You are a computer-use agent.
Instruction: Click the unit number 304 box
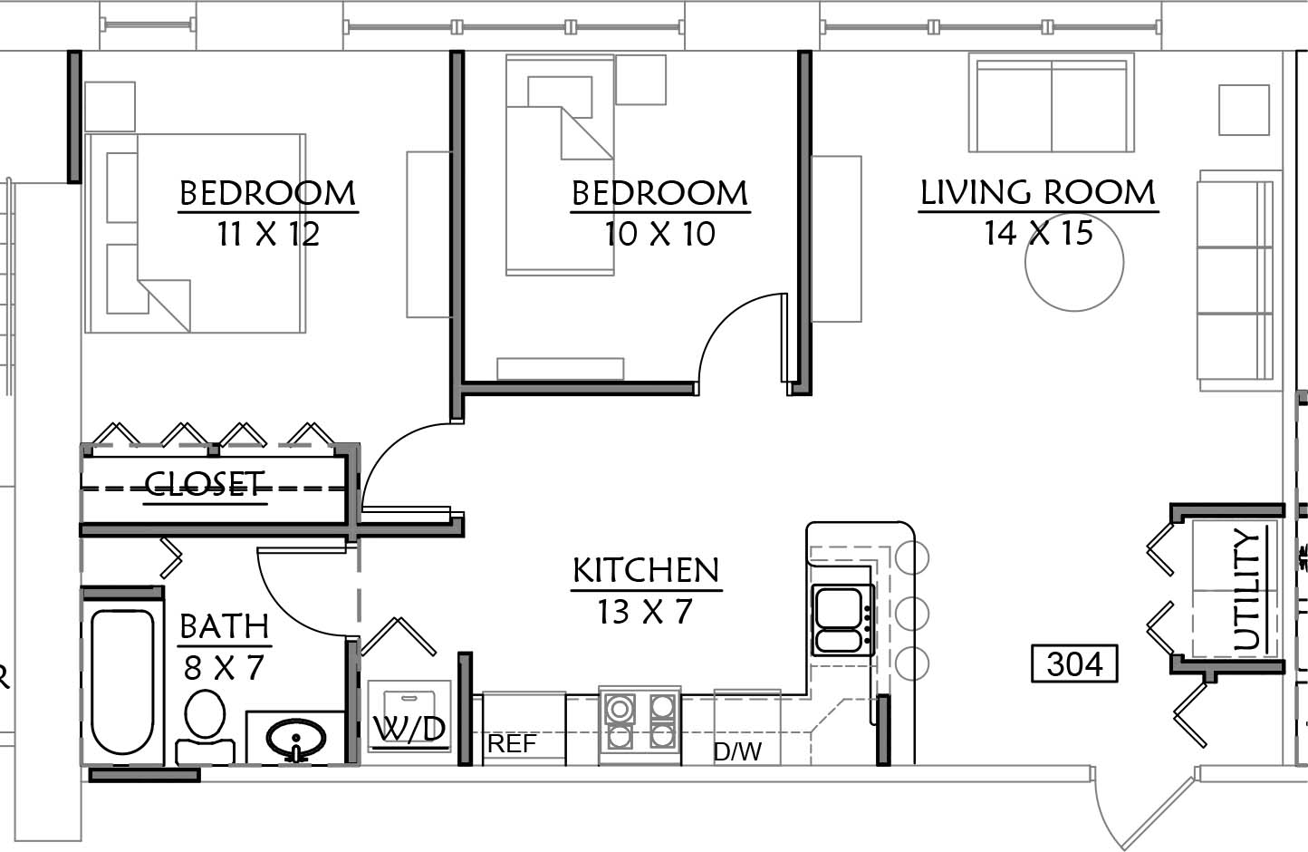click(x=1074, y=663)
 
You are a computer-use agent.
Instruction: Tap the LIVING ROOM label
click(x=1038, y=192)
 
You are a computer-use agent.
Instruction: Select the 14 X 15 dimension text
click(x=1038, y=233)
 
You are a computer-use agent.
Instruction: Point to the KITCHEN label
click(x=646, y=570)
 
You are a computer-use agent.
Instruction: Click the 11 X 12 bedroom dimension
click(x=268, y=234)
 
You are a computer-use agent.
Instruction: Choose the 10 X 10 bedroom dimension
click(x=659, y=234)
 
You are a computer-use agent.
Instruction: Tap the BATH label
click(x=225, y=626)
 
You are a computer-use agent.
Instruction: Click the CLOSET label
click(x=205, y=484)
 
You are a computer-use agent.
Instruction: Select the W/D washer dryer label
click(x=409, y=729)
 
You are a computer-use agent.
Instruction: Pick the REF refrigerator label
click(x=512, y=744)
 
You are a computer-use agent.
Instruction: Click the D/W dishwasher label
click(x=737, y=751)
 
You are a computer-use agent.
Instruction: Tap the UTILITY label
click(x=1248, y=590)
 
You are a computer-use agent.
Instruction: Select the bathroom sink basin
click(x=296, y=739)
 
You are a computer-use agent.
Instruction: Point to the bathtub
click(x=122, y=682)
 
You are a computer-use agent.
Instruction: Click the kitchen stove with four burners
click(x=640, y=724)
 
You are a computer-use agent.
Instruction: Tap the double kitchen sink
click(x=842, y=620)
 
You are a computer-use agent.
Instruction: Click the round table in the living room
click(x=1074, y=262)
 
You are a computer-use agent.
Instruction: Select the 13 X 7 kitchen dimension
click(x=645, y=612)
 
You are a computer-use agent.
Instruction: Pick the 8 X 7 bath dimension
click(x=225, y=668)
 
